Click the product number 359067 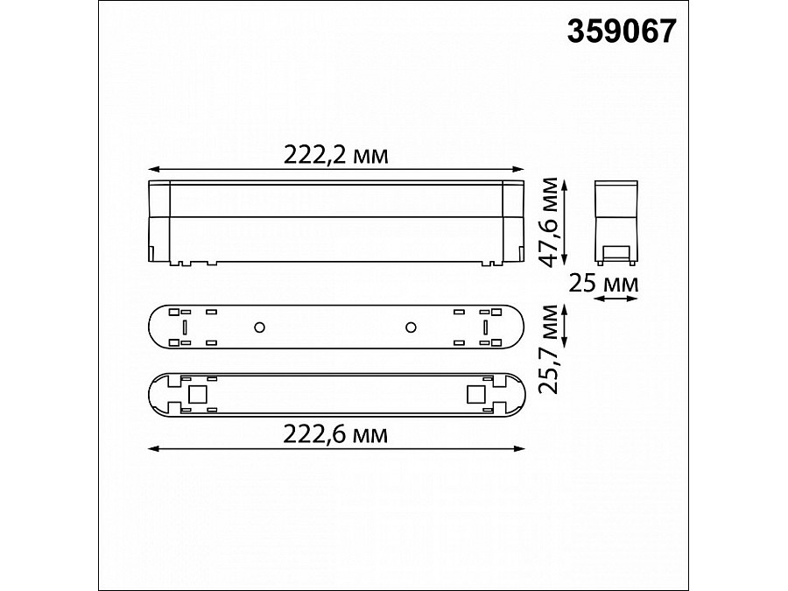[622, 32]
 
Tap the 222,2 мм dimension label [335, 155]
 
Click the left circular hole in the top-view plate [259, 327]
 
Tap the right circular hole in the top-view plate [410, 327]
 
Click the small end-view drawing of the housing [616, 221]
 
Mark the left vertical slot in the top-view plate [186, 327]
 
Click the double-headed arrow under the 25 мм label [616, 299]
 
